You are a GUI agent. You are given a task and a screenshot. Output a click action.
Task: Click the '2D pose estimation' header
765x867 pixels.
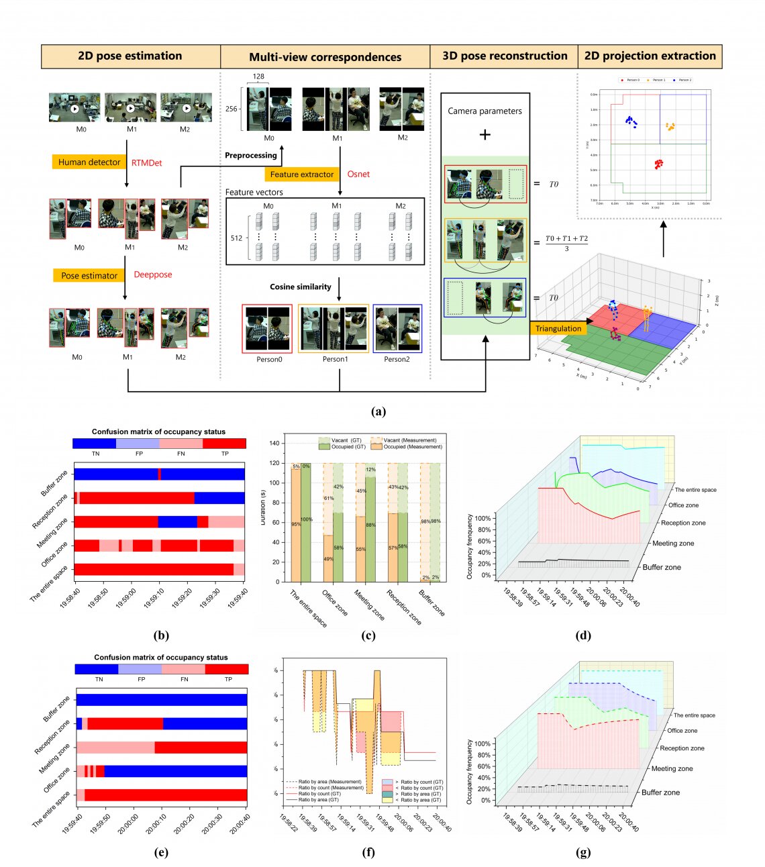tap(130, 56)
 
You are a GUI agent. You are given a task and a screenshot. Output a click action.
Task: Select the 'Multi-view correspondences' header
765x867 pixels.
tap(325, 57)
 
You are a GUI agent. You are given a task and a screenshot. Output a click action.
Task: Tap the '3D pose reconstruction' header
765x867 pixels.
tap(505, 56)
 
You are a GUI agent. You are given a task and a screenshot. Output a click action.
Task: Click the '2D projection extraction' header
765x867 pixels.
tap(650, 56)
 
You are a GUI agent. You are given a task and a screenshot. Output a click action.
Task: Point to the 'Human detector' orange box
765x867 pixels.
tap(89, 162)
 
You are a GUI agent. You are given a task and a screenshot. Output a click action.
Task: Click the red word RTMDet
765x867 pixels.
tap(146, 162)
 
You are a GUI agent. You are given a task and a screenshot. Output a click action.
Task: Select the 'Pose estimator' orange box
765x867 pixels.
tap(89, 275)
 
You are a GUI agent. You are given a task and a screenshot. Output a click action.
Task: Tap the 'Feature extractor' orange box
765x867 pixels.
tap(302, 174)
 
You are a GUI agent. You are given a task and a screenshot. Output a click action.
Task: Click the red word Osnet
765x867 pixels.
tap(358, 174)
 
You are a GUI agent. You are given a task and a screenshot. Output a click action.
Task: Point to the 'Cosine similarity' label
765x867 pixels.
tap(301, 287)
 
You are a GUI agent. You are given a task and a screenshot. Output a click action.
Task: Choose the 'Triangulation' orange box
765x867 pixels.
tap(558, 328)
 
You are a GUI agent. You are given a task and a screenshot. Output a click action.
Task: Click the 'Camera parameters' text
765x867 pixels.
tap(484, 111)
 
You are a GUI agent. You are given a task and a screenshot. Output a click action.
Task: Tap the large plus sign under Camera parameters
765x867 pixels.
tap(484, 135)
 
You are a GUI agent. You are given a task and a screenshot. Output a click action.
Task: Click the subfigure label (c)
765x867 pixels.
tap(368, 635)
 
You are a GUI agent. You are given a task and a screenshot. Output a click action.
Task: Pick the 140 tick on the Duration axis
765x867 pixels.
tap(274, 444)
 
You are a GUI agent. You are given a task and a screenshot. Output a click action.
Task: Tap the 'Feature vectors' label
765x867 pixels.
tap(254, 193)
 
